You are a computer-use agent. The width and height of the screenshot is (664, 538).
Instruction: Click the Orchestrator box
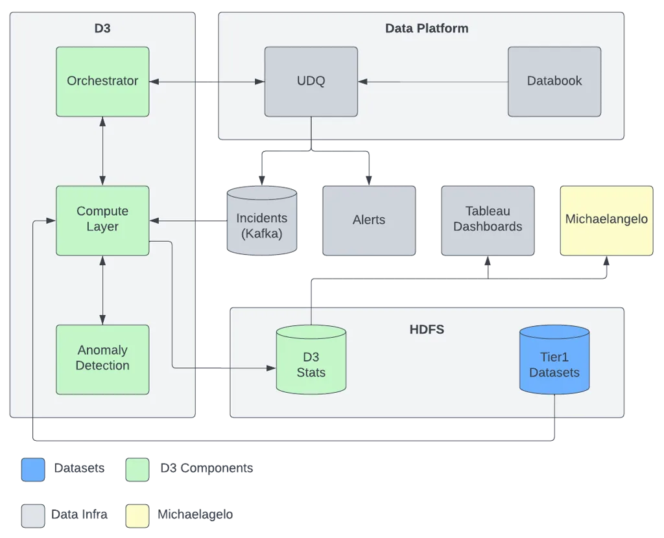point(102,82)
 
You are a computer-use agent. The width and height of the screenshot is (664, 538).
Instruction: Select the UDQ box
point(311,82)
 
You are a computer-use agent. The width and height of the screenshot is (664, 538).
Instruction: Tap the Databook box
point(554,82)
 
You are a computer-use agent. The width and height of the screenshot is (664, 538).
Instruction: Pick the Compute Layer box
point(102,220)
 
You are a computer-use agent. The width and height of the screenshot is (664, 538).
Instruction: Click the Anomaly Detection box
point(102,360)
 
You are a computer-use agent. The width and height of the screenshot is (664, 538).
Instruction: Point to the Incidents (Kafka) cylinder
point(262,220)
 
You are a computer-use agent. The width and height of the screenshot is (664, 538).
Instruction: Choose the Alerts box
point(369,220)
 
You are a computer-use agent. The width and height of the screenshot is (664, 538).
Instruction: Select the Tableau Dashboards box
point(488,220)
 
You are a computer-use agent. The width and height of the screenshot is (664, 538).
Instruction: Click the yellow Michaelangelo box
point(606,220)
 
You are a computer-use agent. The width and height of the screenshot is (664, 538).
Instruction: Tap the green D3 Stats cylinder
point(311,360)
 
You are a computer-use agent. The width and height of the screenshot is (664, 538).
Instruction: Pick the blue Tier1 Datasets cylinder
point(554,360)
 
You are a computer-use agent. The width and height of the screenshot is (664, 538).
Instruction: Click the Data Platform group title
point(427,29)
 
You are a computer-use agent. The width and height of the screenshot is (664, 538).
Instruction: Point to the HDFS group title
point(427,329)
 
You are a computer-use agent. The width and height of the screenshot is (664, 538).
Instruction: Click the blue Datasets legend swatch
point(33,470)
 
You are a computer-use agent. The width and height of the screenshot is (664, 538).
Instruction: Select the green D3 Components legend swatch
point(137,470)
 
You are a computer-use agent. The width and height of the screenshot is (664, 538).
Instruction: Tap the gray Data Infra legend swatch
point(33,516)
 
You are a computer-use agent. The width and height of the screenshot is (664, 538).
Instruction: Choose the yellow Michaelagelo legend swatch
point(137,516)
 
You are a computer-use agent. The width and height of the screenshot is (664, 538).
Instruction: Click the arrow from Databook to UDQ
point(433,82)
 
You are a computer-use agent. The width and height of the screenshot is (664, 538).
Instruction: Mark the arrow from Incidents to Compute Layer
point(189,220)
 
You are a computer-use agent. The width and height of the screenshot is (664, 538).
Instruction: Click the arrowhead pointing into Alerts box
point(369,180)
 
